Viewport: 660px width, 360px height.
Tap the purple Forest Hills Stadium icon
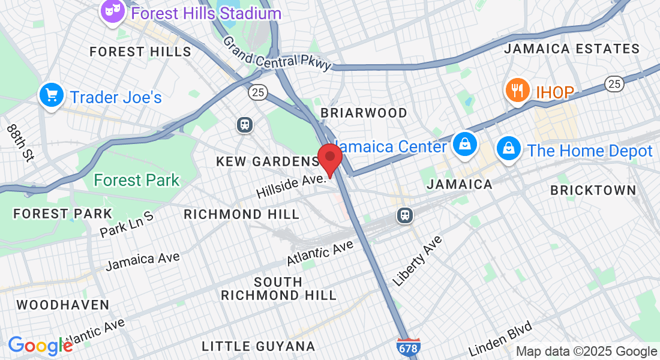112,12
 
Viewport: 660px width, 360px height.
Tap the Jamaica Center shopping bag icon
465,145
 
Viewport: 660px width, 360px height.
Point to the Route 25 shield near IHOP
614,83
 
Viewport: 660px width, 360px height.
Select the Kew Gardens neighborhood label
268,161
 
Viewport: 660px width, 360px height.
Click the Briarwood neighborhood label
364,113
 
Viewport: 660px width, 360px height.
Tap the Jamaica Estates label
572,49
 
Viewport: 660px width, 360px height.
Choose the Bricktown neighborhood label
593,190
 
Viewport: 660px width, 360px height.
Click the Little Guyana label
258,346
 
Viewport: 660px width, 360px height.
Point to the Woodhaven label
63,305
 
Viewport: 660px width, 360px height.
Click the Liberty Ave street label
418,260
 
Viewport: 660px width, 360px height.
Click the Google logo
40,346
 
